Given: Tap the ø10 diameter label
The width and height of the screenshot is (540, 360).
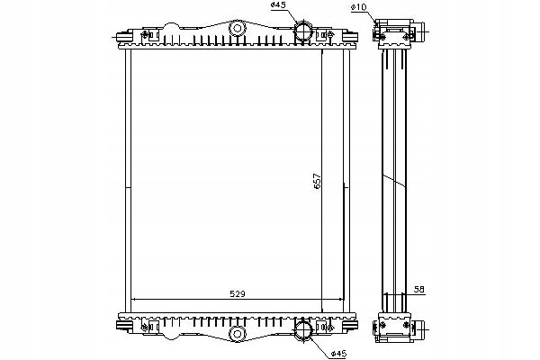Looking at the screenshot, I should (359, 8).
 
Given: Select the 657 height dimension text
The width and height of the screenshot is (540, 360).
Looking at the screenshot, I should (317, 179).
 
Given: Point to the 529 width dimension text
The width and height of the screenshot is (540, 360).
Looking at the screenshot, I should (238, 292).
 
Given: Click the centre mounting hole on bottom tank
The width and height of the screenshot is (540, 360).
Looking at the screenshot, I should (238, 334).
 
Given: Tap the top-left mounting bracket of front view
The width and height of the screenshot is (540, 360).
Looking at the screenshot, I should (146, 35).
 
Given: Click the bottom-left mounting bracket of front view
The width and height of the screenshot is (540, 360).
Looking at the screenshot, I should (146, 323).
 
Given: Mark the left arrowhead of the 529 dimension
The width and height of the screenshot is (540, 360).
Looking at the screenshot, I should (134, 300).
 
